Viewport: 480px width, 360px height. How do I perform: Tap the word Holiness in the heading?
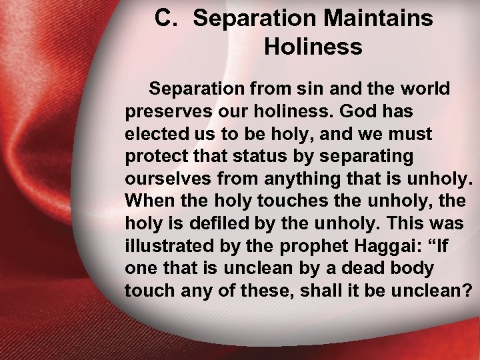[x=313, y=47]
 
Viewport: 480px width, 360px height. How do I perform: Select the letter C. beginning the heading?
[x=167, y=19]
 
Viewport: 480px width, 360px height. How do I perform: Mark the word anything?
[x=300, y=179]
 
